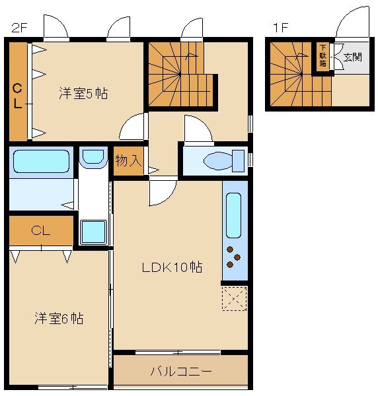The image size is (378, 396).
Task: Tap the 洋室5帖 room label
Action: pyautogui.click(x=83, y=93)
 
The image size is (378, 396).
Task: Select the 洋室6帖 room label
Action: pyautogui.click(x=59, y=318)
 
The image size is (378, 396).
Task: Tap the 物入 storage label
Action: pyautogui.click(x=128, y=160)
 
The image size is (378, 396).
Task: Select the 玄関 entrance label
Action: pyautogui.click(x=352, y=57)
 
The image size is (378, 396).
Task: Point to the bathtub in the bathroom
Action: pyautogui.click(x=41, y=161)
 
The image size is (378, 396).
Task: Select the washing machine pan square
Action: pyautogui.click(x=93, y=231)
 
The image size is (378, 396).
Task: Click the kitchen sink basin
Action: pyautogui.click(x=235, y=215)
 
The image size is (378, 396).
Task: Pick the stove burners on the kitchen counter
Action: pyautogui.click(x=234, y=257)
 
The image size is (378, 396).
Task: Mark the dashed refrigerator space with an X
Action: pyautogui.click(x=234, y=298)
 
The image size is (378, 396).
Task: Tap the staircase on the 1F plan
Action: pyautogui.click(x=288, y=74)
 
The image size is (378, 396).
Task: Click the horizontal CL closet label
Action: pyautogui.click(x=41, y=230)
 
